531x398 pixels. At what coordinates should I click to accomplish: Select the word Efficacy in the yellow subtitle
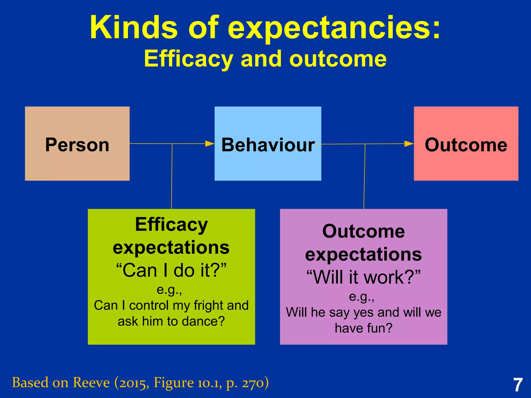click(188, 59)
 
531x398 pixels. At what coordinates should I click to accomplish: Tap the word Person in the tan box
click(77, 145)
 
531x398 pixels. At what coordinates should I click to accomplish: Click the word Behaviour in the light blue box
click(268, 145)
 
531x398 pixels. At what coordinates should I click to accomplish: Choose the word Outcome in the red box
click(466, 145)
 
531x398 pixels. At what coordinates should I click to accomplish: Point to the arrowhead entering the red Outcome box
click(409, 144)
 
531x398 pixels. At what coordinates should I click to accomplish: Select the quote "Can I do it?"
click(171, 270)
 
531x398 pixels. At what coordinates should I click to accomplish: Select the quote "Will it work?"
click(364, 277)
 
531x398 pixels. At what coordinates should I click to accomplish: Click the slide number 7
click(518, 385)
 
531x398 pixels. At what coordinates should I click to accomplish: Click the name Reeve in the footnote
click(91, 383)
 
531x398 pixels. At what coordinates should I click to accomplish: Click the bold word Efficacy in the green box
click(171, 224)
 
